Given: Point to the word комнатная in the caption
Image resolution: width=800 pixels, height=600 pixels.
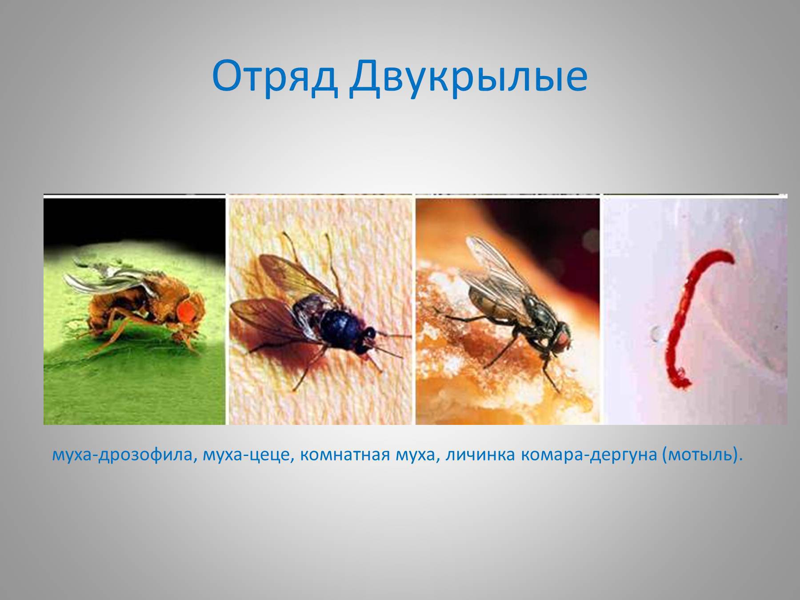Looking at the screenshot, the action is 344,455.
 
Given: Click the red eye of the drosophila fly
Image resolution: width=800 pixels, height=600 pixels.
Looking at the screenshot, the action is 187,311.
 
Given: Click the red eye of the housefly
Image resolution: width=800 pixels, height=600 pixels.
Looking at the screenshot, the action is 563,340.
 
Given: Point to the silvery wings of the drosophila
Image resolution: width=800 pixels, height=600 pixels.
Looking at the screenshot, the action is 104,278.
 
